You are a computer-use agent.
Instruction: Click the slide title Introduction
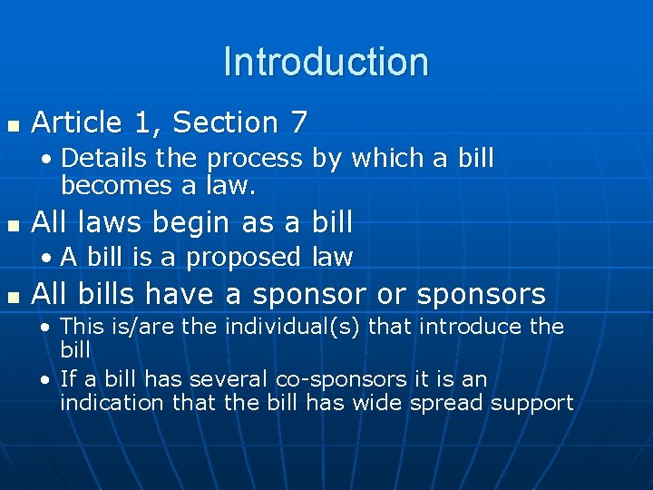(326, 62)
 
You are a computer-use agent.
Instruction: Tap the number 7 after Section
(300, 122)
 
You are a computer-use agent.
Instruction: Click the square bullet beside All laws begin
(11, 222)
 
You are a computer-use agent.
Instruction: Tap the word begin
(193, 221)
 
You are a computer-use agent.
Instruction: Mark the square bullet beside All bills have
(11, 295)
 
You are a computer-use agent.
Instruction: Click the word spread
(446, 403)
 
